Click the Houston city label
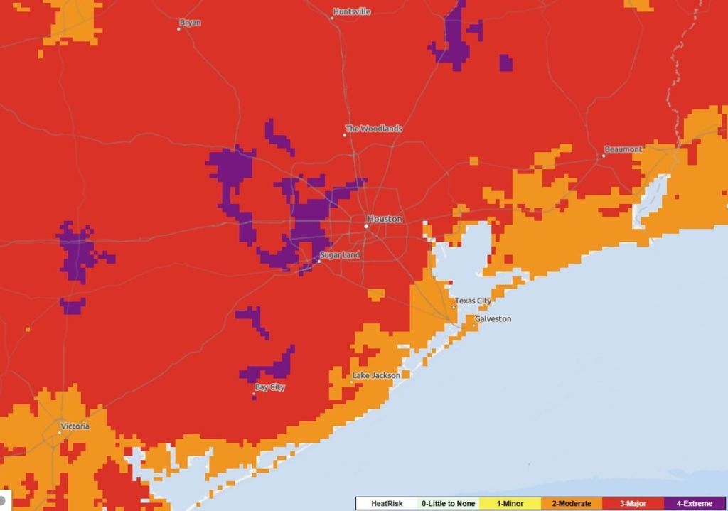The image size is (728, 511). click(385, 219)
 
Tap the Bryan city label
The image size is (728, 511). click(190, 23)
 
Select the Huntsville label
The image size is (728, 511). click(352, 11)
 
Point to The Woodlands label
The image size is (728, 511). click(374, 129)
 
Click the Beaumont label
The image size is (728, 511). click(623, 149)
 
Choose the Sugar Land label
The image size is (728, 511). click(340, 254)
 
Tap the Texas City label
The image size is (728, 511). click(473, 301)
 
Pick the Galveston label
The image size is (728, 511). click(493, 318)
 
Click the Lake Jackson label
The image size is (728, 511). click(376, 375)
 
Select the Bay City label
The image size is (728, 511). click(269, 387)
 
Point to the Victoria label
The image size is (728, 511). click(75, 426)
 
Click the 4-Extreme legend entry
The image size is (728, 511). click(694, 503)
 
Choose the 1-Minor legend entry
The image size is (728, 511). click(510, 503)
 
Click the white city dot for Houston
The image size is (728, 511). click(366, 226)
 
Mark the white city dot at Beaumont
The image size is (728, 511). click(604, 156)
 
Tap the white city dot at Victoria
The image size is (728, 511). click(60, 432)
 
